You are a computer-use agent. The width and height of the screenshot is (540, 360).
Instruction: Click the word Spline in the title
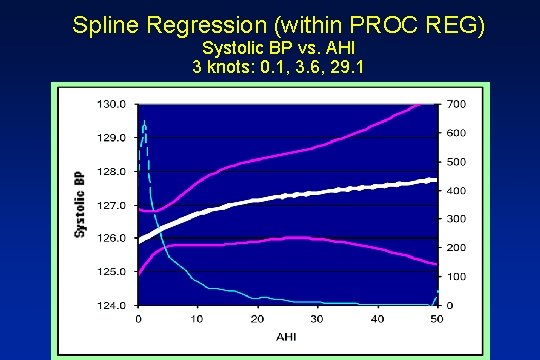point(104,25)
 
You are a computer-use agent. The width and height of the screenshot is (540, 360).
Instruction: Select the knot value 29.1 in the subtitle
point(327,68)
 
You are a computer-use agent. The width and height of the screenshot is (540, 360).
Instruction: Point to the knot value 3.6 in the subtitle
point(292,68)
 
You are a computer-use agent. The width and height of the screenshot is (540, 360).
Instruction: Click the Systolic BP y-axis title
point(80,204)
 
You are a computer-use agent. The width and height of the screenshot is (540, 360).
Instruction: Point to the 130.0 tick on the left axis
point(111,104)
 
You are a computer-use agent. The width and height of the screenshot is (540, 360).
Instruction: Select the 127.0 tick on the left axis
point(111,205)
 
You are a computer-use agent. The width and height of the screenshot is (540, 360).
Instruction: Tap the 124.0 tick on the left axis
point(111,305)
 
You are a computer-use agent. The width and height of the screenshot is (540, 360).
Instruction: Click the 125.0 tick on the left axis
point(111,271)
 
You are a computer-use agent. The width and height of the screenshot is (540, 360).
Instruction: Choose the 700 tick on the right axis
point(455,104)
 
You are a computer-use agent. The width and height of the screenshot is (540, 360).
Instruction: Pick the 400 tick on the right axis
point(455,190)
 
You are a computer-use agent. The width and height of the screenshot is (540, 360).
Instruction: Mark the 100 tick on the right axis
point(455,276)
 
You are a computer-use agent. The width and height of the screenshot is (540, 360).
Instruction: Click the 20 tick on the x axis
point(258,319)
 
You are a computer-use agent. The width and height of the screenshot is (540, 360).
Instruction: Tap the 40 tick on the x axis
point(377,319)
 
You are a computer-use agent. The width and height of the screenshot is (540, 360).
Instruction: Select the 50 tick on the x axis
point(436,319)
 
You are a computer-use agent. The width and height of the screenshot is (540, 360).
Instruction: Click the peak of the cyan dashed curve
point(144,123)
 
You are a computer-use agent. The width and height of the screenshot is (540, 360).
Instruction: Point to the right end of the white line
point(436,180)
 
